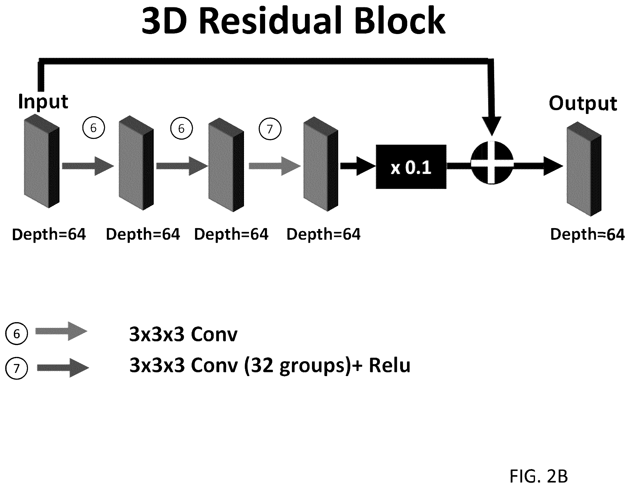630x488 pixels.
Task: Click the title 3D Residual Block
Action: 293,21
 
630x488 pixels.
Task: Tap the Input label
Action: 43,102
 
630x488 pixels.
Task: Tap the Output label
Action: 583,103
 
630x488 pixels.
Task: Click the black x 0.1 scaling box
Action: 411,167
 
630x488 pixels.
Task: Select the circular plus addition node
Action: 492,163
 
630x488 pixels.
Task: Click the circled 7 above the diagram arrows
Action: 270,129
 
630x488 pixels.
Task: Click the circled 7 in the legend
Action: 16,368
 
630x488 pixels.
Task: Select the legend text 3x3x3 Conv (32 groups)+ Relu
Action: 270,366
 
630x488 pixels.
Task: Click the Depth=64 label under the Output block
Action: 587,234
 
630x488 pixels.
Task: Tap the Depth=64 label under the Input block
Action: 49,234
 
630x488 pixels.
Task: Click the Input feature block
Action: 42,161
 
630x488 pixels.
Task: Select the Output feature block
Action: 584,169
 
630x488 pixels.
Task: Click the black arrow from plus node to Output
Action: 538,166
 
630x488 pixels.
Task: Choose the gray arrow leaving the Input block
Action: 88,166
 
